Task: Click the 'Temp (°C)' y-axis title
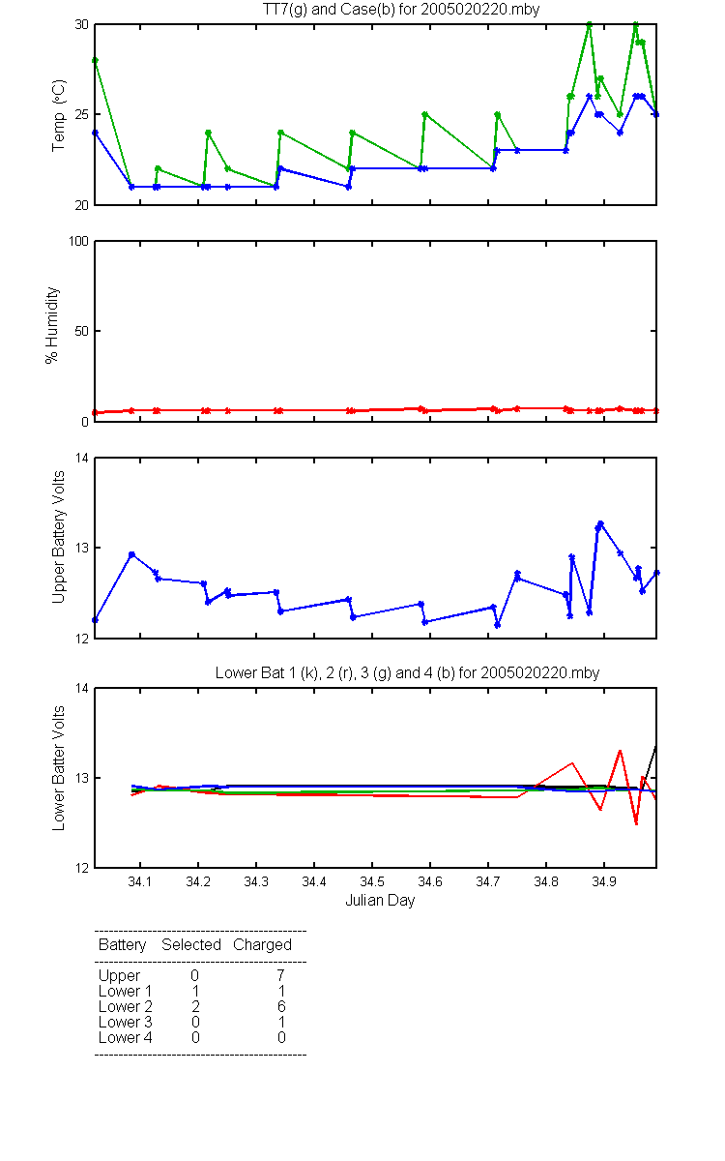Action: point(59,115)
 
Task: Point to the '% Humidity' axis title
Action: point(52,325)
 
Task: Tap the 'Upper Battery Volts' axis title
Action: point(58,537)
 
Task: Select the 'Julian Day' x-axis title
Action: point(380,901)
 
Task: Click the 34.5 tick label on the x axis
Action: point(372,881)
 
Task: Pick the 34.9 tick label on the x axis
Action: point(604,881)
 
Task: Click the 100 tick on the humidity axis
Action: point(78,242)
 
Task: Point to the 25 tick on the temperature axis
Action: point(82,114)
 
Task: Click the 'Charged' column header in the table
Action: point(262,944)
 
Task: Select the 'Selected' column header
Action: point(191,944)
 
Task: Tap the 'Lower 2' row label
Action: point(126,1006)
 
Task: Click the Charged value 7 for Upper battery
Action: point(280,975)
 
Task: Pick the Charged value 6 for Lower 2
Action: point(281,1006)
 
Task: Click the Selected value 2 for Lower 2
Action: point(195,1006)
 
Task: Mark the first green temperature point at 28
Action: point(95,61)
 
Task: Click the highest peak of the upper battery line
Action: point(600,523)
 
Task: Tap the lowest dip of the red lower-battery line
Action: point(636,823)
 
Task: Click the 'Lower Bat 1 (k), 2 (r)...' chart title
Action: point(407,672)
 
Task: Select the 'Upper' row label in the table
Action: point(119,976)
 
